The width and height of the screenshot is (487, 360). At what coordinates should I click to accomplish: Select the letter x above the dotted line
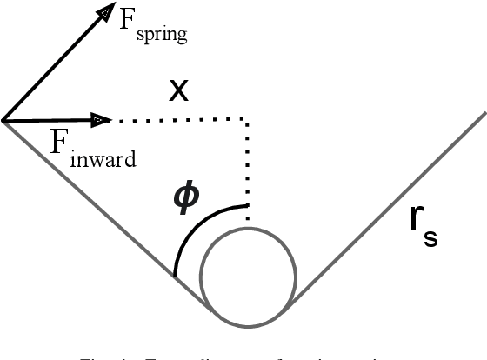[179, 90]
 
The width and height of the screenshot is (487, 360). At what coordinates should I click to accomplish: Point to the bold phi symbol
[186, 198]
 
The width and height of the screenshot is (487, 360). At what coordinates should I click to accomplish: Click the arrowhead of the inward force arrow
[101, 118]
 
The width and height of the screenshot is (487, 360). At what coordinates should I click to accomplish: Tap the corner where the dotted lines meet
[249, 119]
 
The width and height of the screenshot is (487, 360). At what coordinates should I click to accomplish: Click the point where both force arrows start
[3, 120]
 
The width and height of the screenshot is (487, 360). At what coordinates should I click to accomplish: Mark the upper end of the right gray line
[483, 114]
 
